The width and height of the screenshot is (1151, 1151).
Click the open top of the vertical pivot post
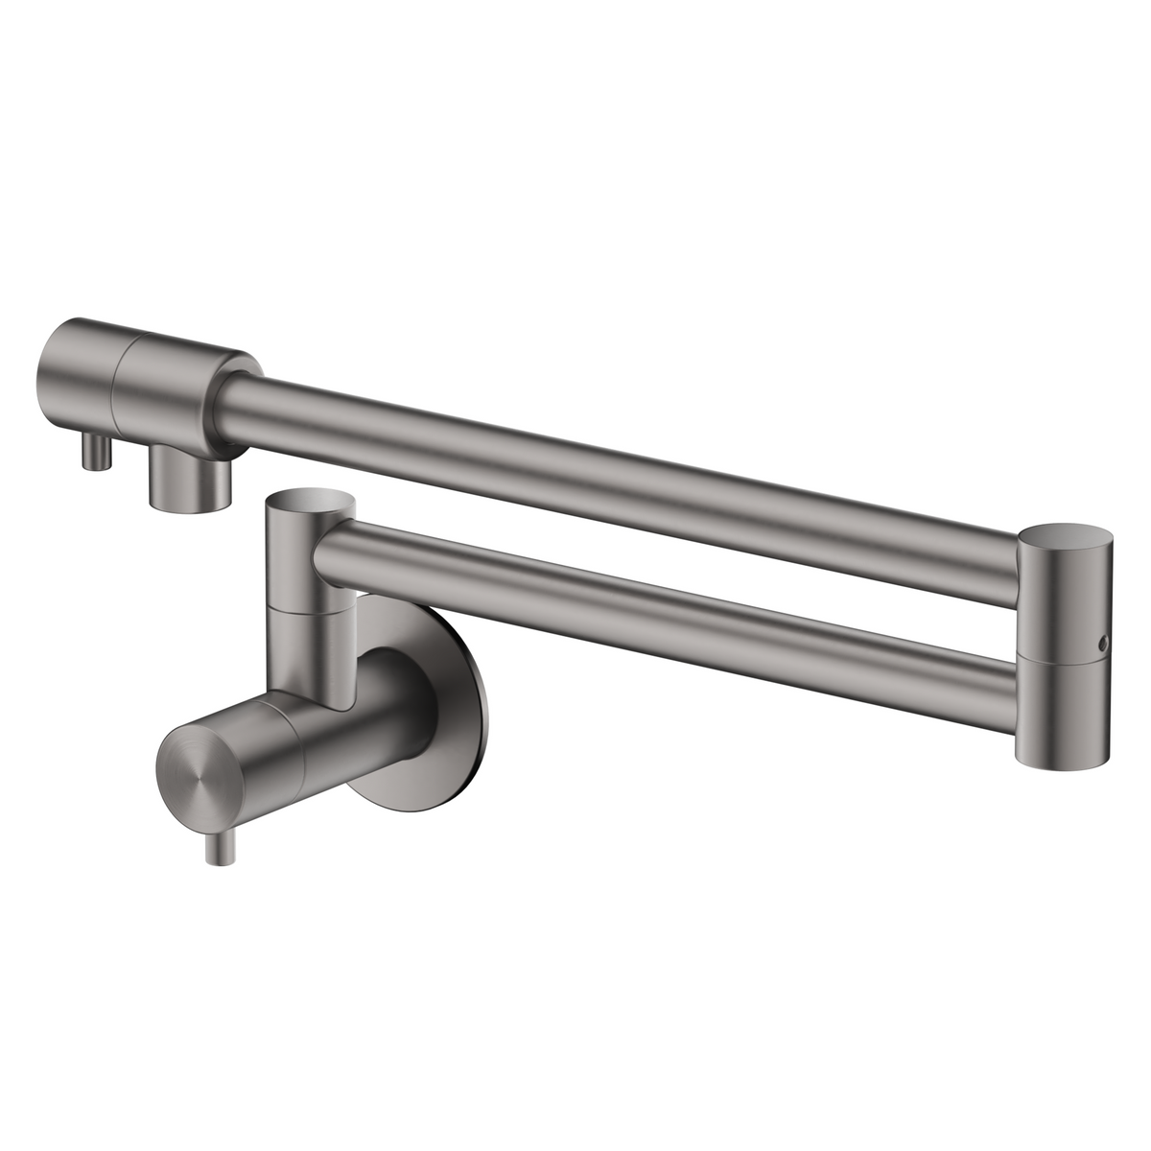coord(310,500)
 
